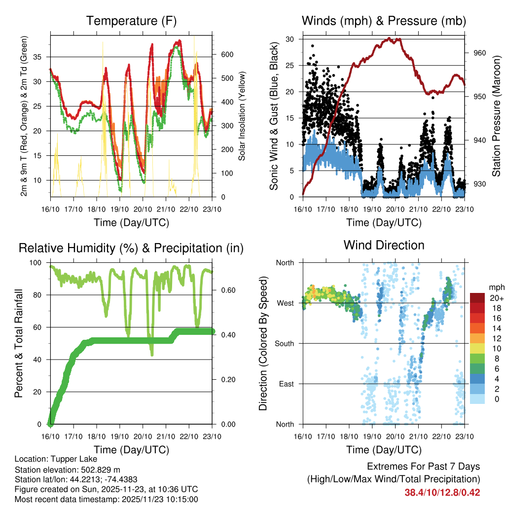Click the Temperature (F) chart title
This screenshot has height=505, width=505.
tap(131, 21)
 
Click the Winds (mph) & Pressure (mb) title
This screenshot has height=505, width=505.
tap(384, 21)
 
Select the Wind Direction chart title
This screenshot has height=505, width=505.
tap(384, 245)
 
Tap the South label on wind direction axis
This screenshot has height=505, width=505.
tap(285, 343)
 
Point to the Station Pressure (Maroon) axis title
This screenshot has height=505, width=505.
tap(496, 116)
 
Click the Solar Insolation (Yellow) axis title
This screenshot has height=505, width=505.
tap(242, 116)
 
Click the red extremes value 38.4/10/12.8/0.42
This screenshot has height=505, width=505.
tap(442, 492)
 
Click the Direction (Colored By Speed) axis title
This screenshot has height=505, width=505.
tap(263, 343)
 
